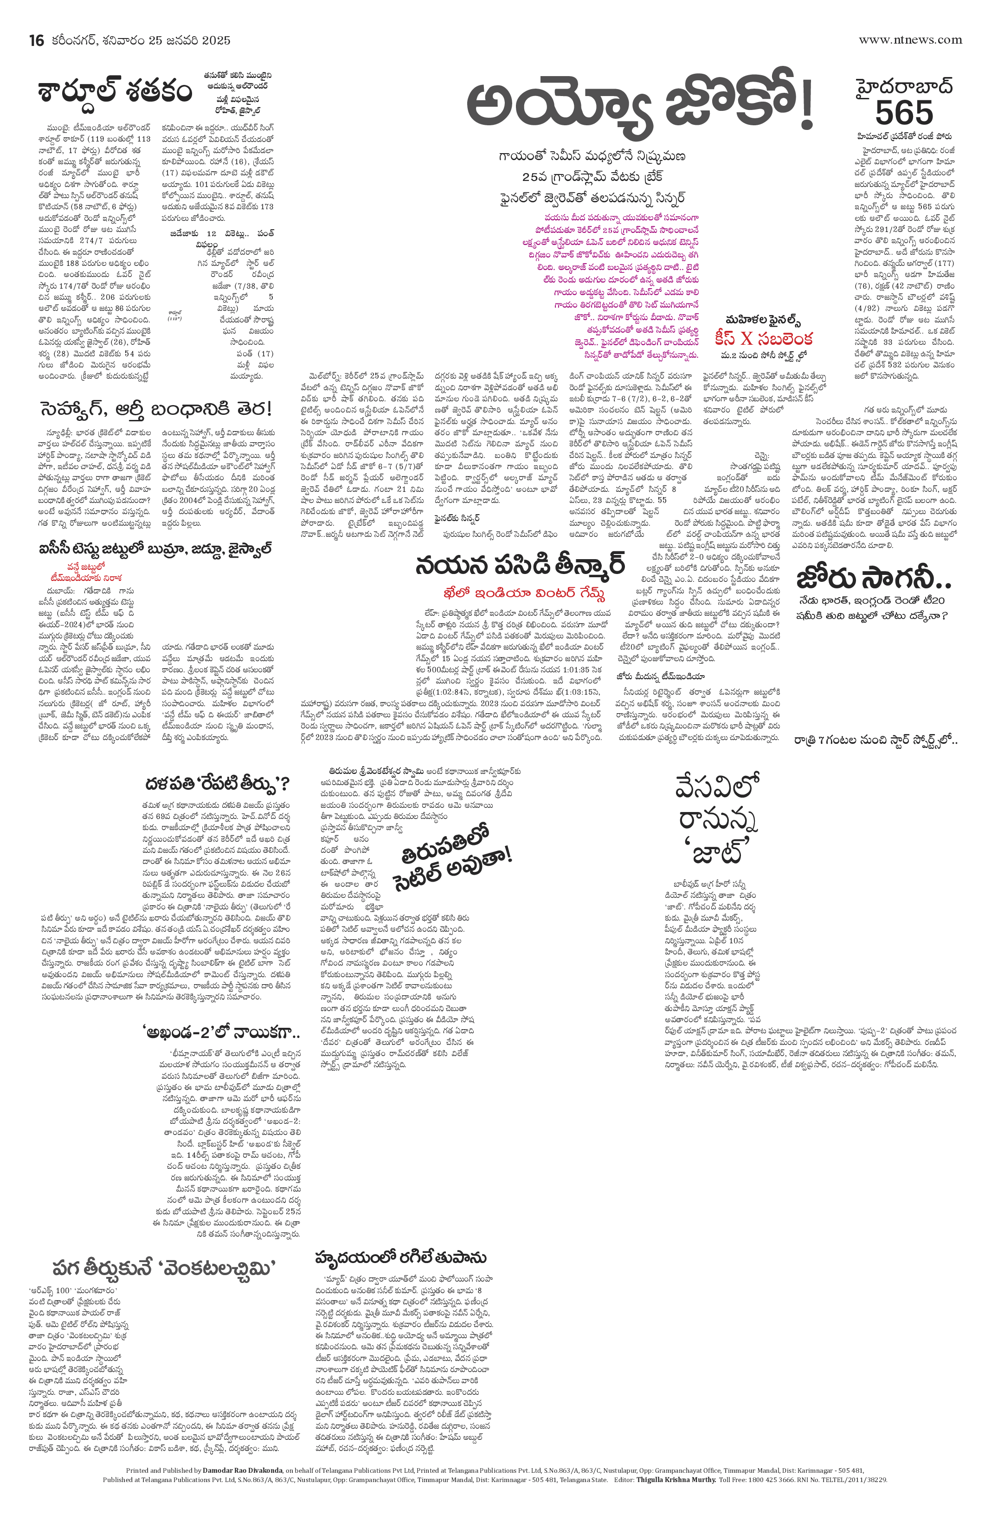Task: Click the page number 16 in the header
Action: (x=36, y=40)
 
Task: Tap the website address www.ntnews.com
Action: (x=910, y=39)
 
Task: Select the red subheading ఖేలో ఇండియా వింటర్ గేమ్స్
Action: (x=524, y=594)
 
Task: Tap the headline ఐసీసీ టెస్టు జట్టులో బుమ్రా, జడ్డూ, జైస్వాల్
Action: (x=156, y=549)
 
